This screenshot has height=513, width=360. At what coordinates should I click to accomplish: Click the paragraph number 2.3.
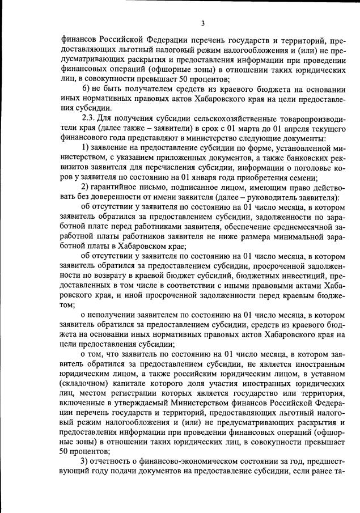(x=90, y=118)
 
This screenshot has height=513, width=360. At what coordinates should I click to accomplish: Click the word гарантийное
(x=117, y=187)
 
